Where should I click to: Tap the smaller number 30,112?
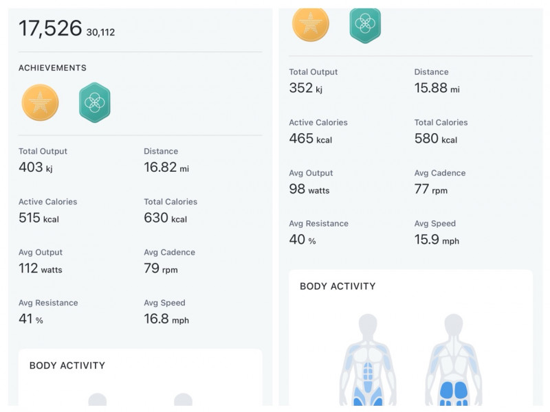(100, 32)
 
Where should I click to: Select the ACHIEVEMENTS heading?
(52, 68)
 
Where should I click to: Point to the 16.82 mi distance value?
(169, 168)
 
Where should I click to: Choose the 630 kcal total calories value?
(165, 218)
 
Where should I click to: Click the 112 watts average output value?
(40, 268)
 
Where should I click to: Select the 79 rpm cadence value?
(160, 268)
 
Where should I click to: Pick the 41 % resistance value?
(30, 319)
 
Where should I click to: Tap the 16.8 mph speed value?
(166, 319)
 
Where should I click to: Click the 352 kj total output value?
(305, 88)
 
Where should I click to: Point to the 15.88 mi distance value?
(437, 88)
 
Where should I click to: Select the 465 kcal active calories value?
(310, 139)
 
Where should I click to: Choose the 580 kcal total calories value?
(435, 139)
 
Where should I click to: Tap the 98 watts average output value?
(309, 190)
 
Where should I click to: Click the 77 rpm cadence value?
(430, 190)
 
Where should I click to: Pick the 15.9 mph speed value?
(436, 240)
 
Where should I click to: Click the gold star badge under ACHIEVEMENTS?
(40, 103)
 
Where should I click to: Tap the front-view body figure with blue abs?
(368, 360)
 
